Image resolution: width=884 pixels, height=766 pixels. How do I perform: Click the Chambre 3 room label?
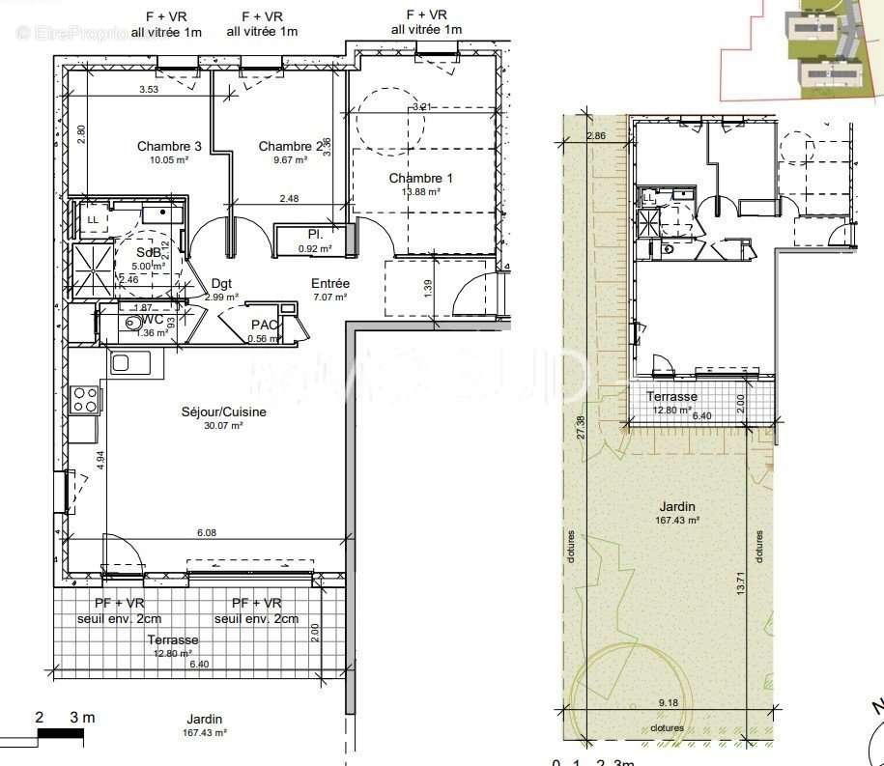pyautogui.click(x=169, y=147)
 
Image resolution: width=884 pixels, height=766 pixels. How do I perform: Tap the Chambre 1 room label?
pyautogui.click(x=420, y=179)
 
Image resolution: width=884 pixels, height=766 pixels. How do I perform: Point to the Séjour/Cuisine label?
pyautogui.click(x=223, y=412)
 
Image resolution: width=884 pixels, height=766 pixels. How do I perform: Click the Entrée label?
pyautogui.click(x=329, y=284)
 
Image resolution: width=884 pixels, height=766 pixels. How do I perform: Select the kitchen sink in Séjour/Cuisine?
pyautogui.click(x=130, y=363)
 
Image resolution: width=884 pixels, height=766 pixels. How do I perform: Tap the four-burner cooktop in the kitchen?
pyautogui.click(x=85, y=399)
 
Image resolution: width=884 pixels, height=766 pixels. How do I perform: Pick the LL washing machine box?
pyautogui.click(x=93, y=219)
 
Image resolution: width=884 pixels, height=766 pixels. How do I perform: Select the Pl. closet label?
pyautogui.click(x=315, y=235)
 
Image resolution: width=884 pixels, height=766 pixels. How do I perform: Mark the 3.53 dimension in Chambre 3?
pyautogui.click(x=149, y=90)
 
